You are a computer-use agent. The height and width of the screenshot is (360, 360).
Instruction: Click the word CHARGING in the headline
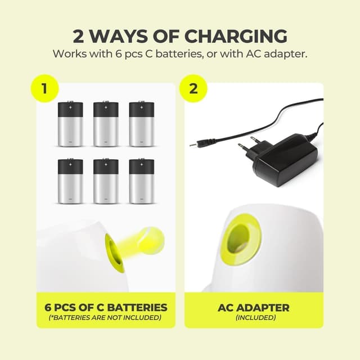click(x=236, y=36)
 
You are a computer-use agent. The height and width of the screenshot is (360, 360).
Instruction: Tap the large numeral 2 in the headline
click(x=79, y=36)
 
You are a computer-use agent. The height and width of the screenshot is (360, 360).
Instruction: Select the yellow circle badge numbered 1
click(x=45, y=88)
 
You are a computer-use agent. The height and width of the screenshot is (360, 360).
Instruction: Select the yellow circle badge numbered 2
click(x=193, y=88)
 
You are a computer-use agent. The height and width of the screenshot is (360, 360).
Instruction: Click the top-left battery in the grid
click(x=70, y=124)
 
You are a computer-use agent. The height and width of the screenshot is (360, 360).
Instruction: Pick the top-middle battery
click(x=106, y=124)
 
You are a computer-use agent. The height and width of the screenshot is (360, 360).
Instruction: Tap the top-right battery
click(x=142, y=124)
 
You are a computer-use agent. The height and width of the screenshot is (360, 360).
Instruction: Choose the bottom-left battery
click(x=70, y=181)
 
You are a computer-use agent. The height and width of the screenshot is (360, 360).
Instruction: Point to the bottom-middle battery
click(x=106, y=181)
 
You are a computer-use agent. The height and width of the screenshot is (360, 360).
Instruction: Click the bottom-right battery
click(x=142, y=181)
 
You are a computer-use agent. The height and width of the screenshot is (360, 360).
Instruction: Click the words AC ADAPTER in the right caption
click(x=254, y=308)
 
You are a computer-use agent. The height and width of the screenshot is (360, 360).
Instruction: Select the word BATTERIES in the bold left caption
click(x=137, y=308)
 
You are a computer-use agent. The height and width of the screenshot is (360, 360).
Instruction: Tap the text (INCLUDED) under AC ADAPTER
click(x=256, y=317)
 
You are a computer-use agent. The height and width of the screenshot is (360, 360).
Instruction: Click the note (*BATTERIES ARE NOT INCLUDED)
click(x=105, y=317)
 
